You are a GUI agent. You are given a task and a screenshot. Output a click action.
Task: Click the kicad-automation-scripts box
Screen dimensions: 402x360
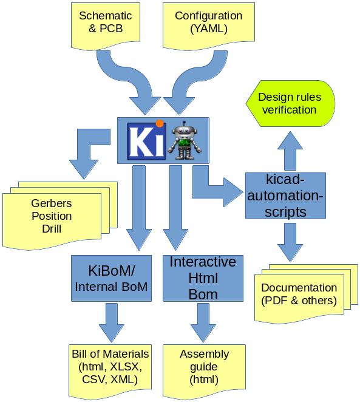(x=285, y=196)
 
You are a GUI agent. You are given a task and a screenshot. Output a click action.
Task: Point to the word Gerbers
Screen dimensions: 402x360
(x=52, y=203)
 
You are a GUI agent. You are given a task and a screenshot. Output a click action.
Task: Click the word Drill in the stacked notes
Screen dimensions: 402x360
(x=52, y=229)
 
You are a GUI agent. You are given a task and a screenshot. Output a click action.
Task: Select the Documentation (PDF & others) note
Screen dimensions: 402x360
(x=299, y=295)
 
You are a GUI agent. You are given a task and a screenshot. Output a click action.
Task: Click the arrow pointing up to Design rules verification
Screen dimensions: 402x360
(x=290, y=149)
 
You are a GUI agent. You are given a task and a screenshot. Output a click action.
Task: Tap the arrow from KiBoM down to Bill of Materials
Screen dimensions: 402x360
(x=110, y=322)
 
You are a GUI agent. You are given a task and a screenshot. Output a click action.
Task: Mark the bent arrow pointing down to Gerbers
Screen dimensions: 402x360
(x=85, y=152)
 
